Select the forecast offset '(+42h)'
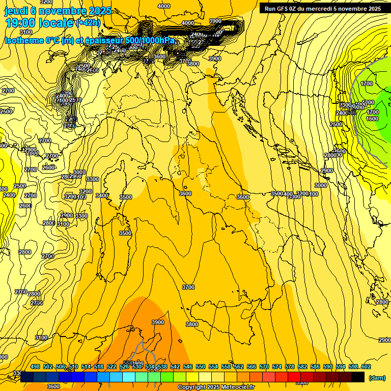click(88, 23)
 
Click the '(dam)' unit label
click(377, 378)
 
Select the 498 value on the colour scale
click(35, 367)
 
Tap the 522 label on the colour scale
click(111, 367)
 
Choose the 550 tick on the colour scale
click(201, 367)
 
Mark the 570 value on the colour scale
click(264, 367)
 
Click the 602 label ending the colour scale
click(366, 367)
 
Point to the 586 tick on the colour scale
click(315, 367)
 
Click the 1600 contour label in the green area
click(372, 119)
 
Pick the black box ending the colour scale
click(358, 377)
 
